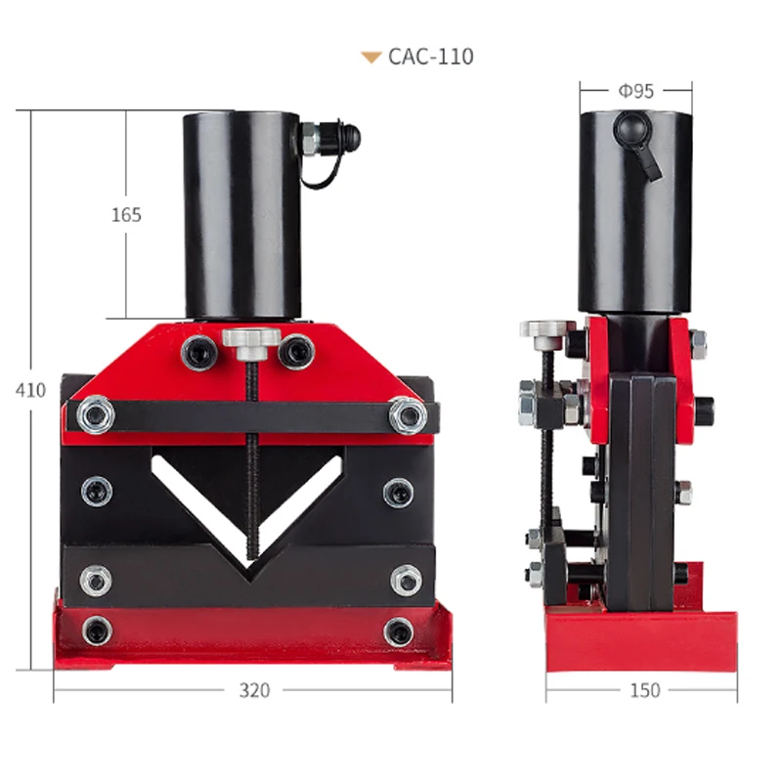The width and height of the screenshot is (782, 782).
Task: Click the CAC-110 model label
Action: click(430, 57)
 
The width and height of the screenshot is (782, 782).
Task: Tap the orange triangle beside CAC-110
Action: click(370, 57)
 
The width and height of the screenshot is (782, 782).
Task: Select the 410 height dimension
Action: click(30, 389)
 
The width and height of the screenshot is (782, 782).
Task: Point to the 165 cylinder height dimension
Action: click(126, 214)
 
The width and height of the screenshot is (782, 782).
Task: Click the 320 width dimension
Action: click(254, 690)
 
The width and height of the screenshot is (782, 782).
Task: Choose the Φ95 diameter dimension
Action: click(635, 91)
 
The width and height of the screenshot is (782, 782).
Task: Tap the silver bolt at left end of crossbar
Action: click(96, 416)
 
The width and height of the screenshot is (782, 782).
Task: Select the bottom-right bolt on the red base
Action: click(398, 631)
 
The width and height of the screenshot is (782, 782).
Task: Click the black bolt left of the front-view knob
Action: click(199, 352)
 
